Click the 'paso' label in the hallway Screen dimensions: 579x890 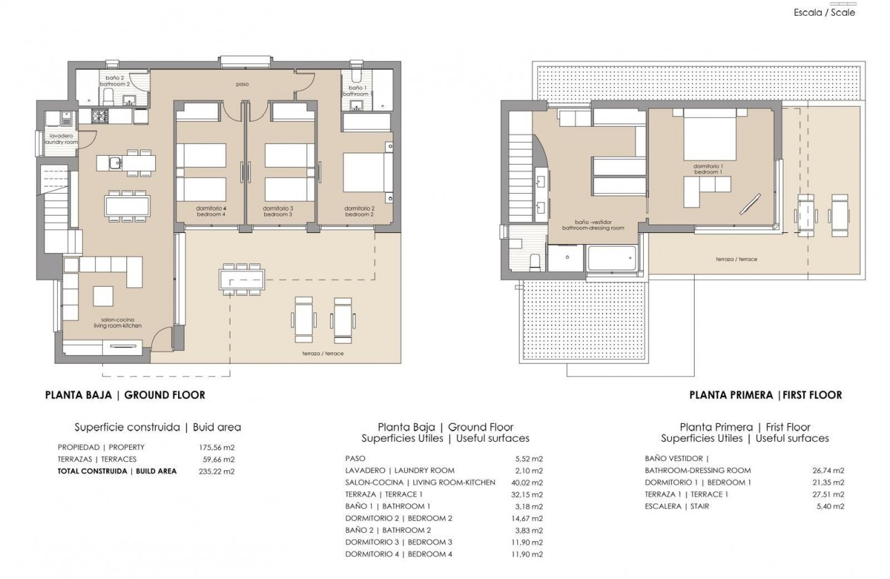coord(241,84)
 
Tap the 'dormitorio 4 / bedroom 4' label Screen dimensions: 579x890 coord(210,211)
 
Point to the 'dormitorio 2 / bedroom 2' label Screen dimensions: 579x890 coord(359,211)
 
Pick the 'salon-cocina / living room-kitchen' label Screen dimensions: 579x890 coord(117,322)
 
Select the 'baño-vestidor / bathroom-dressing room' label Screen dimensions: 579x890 coord(593,225)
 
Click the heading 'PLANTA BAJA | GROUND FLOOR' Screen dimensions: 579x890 coord(125,395)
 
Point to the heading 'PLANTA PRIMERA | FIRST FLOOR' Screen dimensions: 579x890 coord(765,395)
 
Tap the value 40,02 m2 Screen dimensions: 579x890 coord(530,482)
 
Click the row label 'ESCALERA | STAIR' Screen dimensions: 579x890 coord(677,507)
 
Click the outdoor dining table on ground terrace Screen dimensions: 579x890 coord(239,279)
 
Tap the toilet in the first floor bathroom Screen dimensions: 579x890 coord(533,262)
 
